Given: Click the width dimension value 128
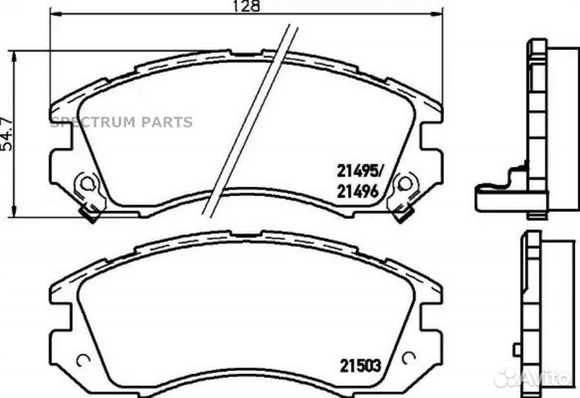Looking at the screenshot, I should pyautogui.click(x=248, y=6).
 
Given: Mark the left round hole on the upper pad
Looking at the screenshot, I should pyautogui.click(x=83, y=186).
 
